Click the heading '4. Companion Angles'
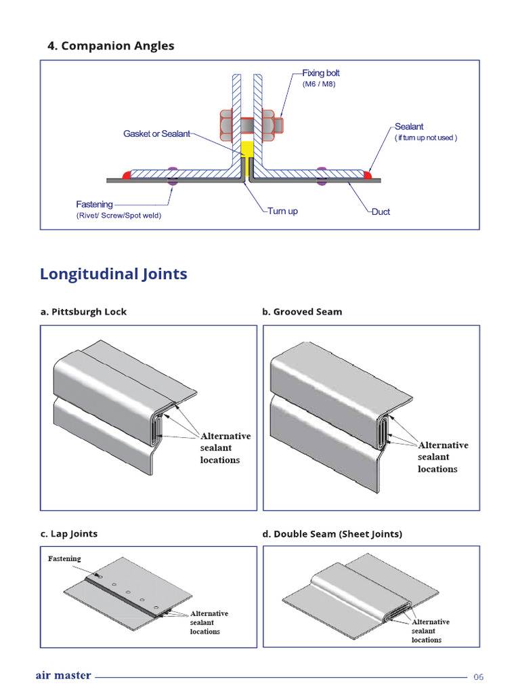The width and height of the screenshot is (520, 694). (x=110, y=46)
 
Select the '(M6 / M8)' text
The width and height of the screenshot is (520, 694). (x=319, y=84)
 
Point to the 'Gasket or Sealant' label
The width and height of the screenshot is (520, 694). (x=156, y=134)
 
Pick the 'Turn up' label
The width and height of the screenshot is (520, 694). (x=282, y=211)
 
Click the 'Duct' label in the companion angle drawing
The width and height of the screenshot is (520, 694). (x=381, y=212)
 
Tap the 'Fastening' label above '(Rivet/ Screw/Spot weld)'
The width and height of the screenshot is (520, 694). (x=94, y=204)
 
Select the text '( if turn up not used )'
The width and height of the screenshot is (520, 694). (x=426, y=138)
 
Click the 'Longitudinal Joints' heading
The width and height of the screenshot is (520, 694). (x=113, y=274)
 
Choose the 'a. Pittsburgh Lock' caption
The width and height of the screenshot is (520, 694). (x=83, y=312)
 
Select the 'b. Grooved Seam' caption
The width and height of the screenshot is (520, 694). (x=302, y=312)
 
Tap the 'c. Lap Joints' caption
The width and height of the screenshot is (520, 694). (x=68, y=534)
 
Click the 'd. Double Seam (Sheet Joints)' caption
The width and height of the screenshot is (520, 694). (x=332, y=534)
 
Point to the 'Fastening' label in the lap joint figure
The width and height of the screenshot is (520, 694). (x=64, y=558)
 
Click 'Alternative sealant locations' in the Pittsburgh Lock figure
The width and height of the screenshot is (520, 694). (x=224, y=448)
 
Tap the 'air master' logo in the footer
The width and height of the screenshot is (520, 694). (x=63, y=676)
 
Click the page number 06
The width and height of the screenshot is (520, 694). (x=479, y=676)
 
